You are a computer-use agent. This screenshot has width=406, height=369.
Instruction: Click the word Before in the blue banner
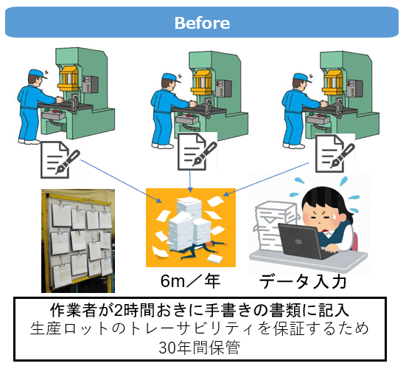click(x=202, y=23)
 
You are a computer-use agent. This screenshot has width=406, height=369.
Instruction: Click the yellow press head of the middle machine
click(x=202, y=81)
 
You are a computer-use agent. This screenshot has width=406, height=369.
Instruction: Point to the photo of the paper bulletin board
click(x=78, y=241)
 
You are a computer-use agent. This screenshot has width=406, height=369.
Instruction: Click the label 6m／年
click(x=191, y=281)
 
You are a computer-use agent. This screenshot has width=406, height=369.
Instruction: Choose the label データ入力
click(x=303, y=281)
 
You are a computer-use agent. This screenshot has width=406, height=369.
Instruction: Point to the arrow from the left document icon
click(x=121, y=182)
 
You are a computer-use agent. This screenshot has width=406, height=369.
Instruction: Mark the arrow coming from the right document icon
click(x=266, y=179)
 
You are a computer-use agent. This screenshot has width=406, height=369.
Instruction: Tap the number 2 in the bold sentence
click(x=119, y=311)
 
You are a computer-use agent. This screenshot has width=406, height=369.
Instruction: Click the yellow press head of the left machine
click(x=69, y=77)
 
